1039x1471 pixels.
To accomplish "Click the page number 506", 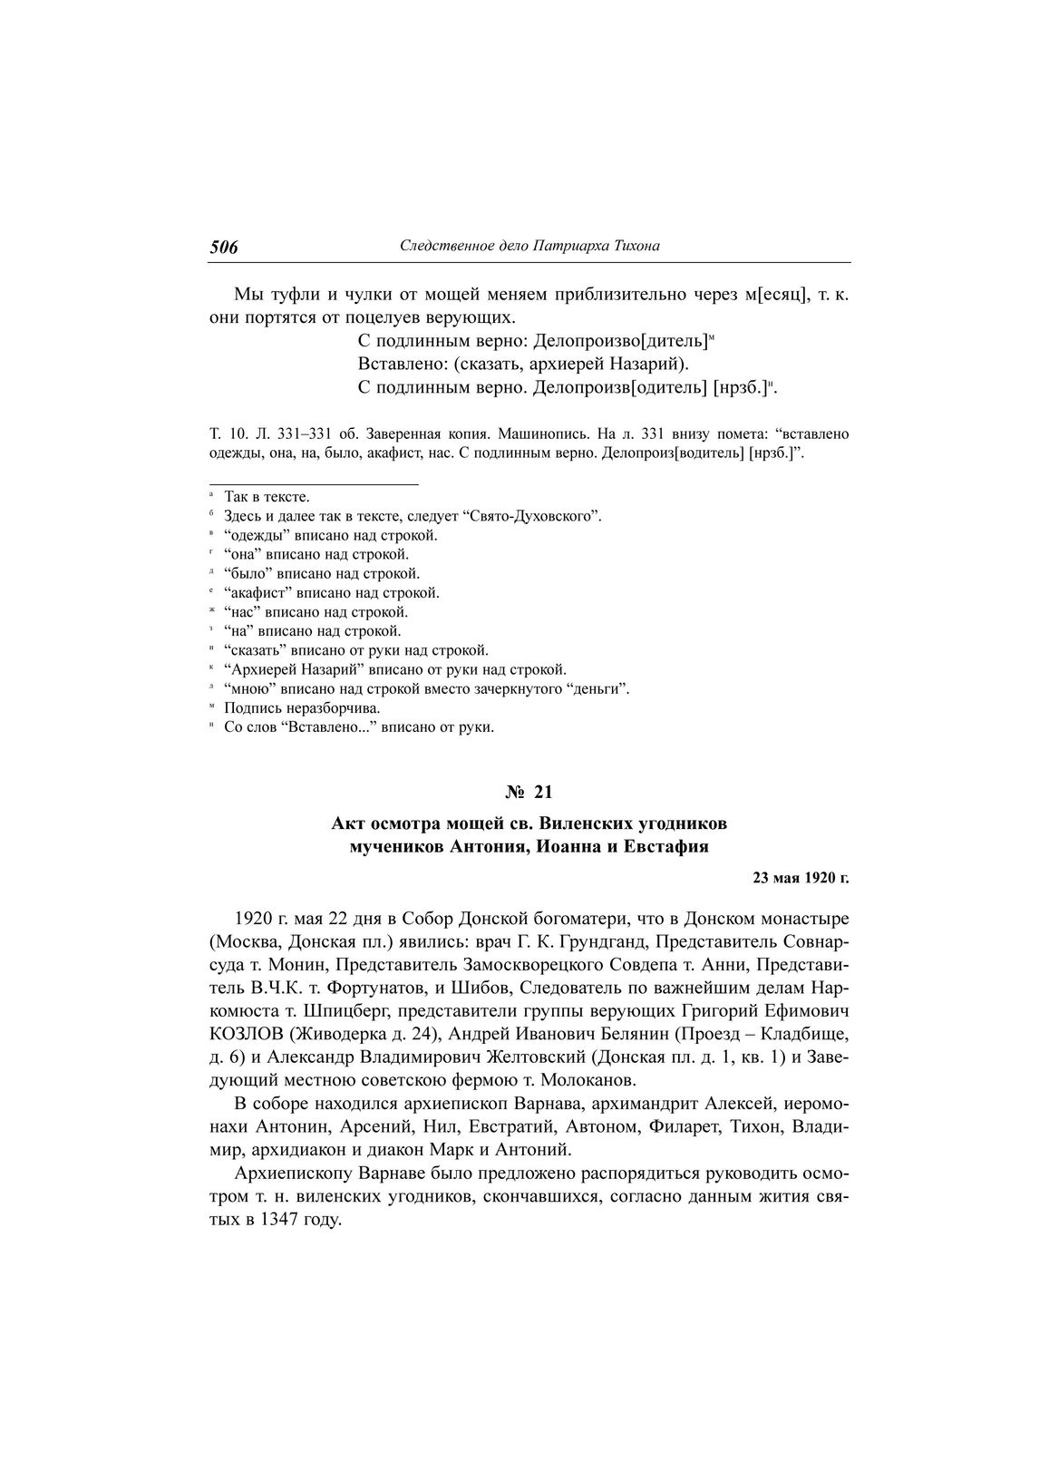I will click(224, 247).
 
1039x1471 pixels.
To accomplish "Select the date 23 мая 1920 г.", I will click(801, 878).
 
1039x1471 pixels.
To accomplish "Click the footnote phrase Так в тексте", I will click(267, 497).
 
